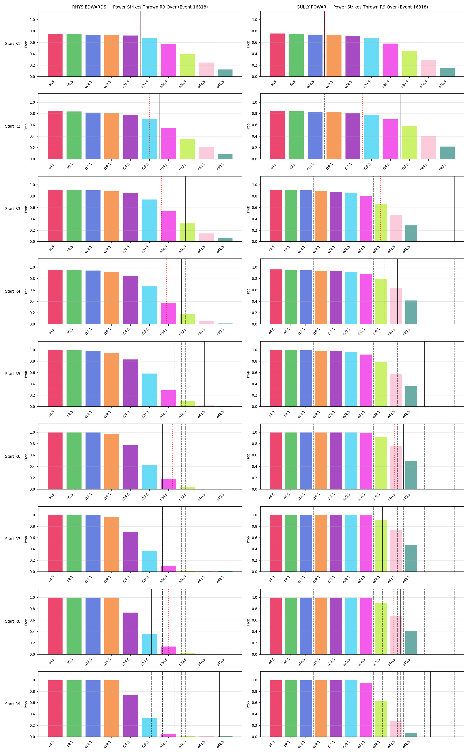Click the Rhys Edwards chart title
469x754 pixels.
140,7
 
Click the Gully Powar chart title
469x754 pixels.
362,7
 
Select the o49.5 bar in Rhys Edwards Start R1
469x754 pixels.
225,73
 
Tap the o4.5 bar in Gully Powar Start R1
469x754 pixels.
277,55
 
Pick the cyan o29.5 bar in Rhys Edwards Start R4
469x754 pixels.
149,305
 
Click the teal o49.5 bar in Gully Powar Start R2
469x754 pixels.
447,153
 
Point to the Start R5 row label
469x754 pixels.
13,374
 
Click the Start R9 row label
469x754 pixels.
13,704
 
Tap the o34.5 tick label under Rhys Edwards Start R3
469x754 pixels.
164,249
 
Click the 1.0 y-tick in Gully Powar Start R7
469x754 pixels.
254,515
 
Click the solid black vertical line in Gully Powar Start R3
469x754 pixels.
455,209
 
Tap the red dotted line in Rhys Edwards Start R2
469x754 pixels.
149,126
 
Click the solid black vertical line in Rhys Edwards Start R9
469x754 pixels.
219,704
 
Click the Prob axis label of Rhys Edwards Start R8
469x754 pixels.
26,622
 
